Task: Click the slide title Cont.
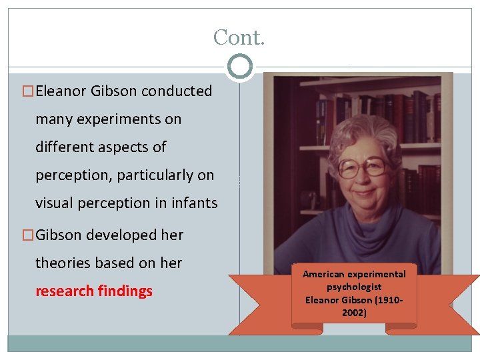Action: [x=239, y=37]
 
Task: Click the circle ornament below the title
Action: [x=239, y=67]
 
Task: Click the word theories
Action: [x=64, y=263]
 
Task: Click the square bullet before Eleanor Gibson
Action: [x=28, y=91]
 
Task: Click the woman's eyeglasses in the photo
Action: [x=361, y=166]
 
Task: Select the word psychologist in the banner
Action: [x=353, y=287]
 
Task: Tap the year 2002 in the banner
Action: [x=353, y=312]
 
